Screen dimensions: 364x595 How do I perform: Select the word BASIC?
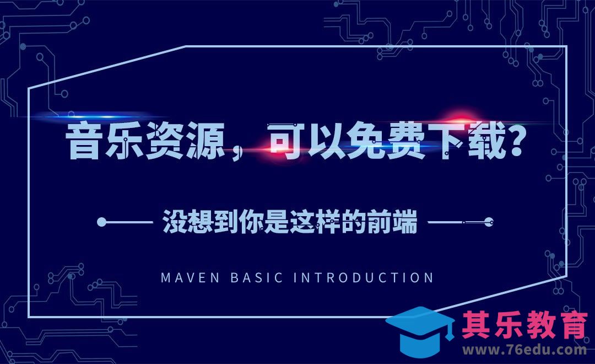pyautogui.click(x=256, y=277)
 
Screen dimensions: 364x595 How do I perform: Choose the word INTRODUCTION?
pyautogui.click(x=364, y=277)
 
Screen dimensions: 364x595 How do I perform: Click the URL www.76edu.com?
pyautogui.click(x=524, y=350)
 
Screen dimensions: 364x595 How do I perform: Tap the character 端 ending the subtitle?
pyautogui.click(x=406, y=223)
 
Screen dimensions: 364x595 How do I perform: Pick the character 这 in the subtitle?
pyautogui.click(x=301, y=223)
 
